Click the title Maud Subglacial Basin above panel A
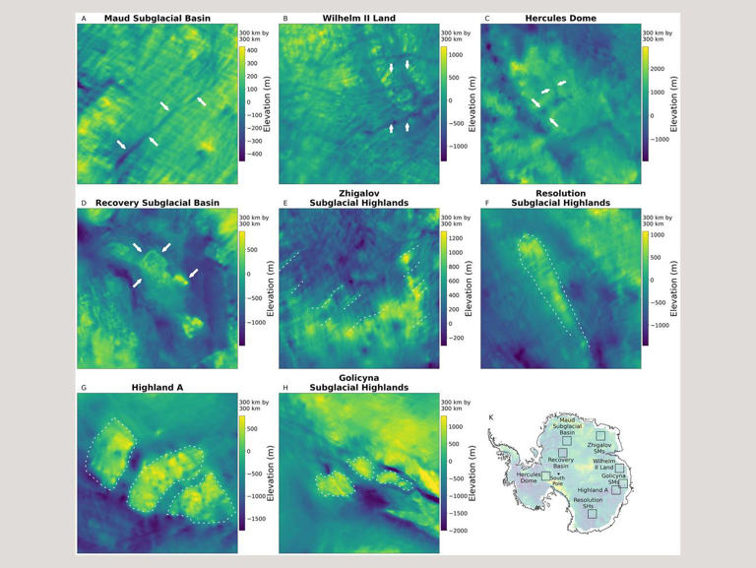point(157,19)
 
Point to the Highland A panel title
point(157,388)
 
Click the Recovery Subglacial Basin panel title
point(157,203)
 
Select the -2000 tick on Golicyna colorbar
point(457,530)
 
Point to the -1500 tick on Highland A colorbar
point(254,517)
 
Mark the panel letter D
point(84,203)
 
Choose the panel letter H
point(285,388)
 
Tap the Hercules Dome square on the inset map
point(545,476)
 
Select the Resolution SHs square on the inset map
point(592,513)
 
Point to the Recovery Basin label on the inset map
point(561,464)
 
